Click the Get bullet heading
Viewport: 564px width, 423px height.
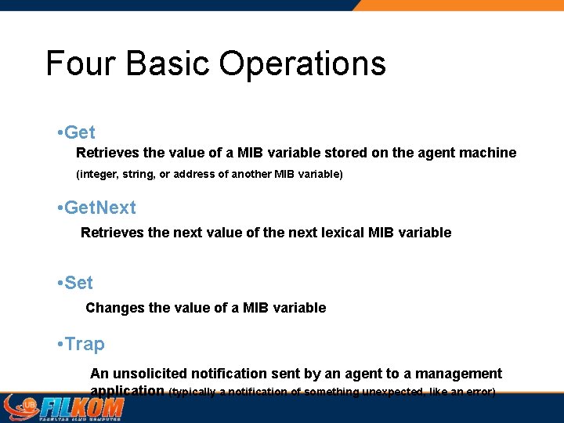coord(79,132)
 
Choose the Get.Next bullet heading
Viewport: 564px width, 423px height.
coord(99,208)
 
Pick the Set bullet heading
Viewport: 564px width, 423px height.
coord(78,283)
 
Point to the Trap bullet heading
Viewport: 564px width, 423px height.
coord(85,344)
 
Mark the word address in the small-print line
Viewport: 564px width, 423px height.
coord(195,174)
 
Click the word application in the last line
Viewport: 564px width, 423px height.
coord(127,391)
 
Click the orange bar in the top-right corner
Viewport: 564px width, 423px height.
coord(462,5)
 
